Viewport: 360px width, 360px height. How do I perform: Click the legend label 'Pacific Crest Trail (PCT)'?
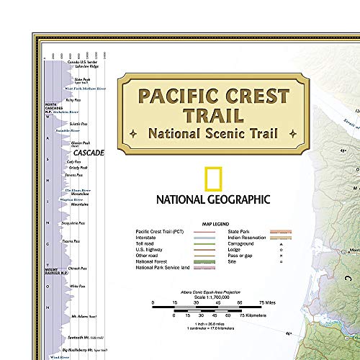[x=159, y=231]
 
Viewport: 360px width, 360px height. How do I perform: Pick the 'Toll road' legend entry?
[x=146, y=243]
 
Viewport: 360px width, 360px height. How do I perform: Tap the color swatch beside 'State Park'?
[x=276, y=231]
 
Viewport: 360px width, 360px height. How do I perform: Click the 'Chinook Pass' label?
[x=78, y=269]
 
